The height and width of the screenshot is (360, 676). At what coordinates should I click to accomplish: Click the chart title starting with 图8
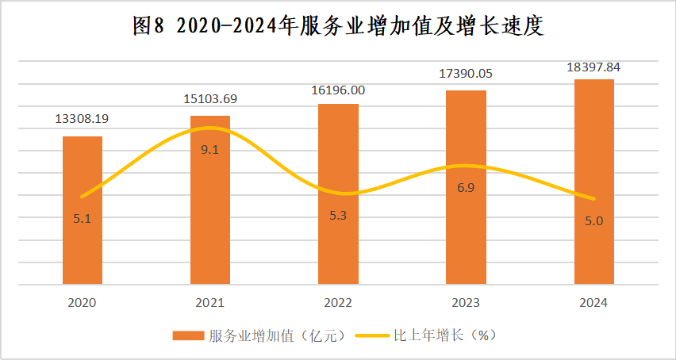pos(337,27)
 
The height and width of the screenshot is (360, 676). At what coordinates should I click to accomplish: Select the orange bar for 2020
pos(83,238)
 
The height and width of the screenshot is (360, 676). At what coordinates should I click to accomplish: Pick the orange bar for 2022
pos(338,238)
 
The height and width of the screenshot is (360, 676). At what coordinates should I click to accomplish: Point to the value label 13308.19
pos(82,119)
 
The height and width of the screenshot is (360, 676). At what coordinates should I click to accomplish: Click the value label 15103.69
pos(210,99)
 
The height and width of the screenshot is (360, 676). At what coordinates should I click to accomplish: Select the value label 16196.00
pos(339,90)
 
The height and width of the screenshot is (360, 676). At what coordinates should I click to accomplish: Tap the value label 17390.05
pos(466,74)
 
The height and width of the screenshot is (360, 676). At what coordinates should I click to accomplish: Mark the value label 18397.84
pos(593,67)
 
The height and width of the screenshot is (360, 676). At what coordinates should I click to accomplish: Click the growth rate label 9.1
pos(210,149)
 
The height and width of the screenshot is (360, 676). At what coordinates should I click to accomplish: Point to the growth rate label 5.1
pos(83,219)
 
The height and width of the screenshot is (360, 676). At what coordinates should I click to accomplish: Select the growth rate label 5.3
pos(338,216)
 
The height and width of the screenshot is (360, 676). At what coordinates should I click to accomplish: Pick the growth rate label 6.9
pos(466,187)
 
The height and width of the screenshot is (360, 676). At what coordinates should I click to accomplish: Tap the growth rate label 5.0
pos(593,221)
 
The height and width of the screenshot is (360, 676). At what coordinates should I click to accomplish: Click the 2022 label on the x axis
pos(338,303)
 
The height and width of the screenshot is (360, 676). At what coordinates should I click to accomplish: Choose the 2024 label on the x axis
pos(593,303)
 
